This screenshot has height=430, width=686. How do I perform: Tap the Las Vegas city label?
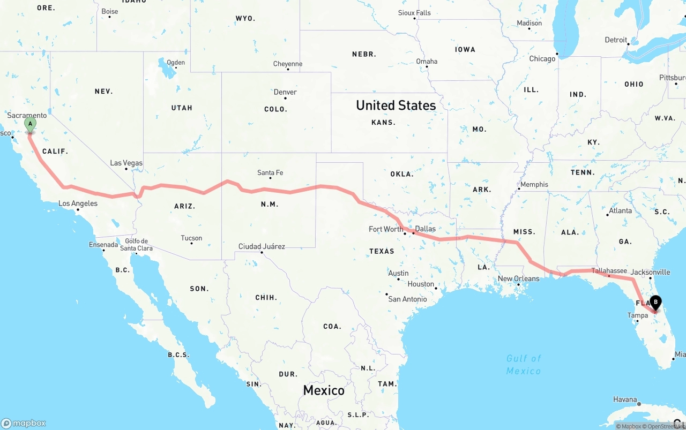coord(126,163)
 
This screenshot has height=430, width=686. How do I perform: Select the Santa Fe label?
coord(270,172)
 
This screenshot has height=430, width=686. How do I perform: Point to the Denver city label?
coord(285,92)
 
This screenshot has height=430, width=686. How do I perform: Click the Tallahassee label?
coord(609,271)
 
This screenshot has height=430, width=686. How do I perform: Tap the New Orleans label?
coord(519,278)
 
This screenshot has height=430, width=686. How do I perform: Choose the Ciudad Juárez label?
coord(262,246)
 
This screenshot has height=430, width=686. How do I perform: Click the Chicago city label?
coord(542,58)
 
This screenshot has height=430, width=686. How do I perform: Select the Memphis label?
coord(534,184)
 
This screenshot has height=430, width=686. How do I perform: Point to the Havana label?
coord(625,399)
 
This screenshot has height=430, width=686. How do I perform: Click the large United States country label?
coord(396,105)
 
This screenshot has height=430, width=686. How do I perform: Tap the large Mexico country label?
coord(324,390)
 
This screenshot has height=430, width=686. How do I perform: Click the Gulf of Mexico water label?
coord(524,364)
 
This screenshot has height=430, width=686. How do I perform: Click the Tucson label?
coord(191,238)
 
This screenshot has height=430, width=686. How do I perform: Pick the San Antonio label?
coord(407,299)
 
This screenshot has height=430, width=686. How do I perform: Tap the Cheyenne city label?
coord(288,64)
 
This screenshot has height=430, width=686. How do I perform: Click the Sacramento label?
coord(27,115)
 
